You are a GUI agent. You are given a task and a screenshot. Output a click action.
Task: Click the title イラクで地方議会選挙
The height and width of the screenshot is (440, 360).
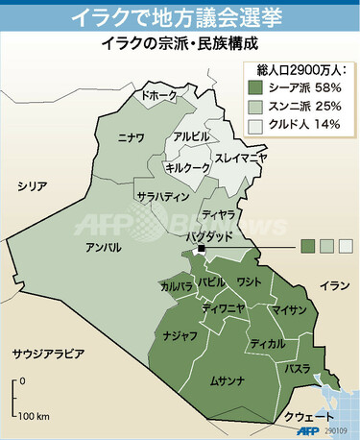(x=180, y=17)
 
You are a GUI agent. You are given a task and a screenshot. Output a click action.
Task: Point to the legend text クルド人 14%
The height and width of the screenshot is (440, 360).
(x=304, y=126)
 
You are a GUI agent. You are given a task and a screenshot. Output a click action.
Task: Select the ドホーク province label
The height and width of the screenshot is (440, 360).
(x=159, y=96)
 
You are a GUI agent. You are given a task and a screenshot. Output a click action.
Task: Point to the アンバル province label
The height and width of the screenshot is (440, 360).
(x=103, y=248)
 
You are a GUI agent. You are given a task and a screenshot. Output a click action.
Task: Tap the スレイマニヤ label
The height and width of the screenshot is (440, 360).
(x=240, y=157)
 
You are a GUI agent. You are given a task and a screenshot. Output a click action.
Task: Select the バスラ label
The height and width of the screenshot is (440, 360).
(x=297, y=369)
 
